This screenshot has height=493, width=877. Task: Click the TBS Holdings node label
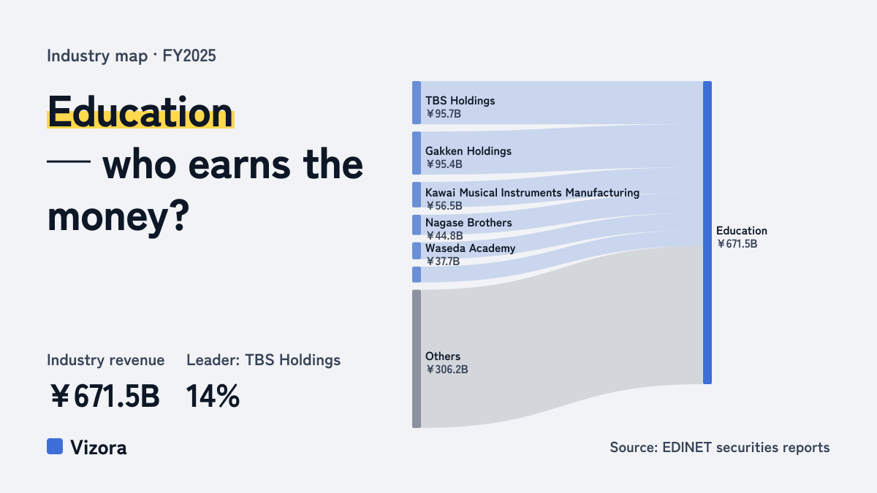click(x=460, y=101)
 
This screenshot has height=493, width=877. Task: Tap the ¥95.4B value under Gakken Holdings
click(x=444, y=164)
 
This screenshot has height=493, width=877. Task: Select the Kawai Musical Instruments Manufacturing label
click(x=533, y=193)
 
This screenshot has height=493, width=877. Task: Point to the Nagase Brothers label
click(x=468, y=223)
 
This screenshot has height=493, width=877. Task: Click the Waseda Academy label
click(x=470, y=248)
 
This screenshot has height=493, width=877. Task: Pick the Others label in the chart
click(x=443, y=356)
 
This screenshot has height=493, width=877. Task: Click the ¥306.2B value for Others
click(x=447, y=370)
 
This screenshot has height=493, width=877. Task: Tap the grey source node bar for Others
click(x=417, y=359)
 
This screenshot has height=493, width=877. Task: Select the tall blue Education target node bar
click(x=707, y=232)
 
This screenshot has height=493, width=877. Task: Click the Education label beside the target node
click(x=742, y=231)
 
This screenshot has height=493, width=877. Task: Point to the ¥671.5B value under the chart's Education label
click(x=737, y=244)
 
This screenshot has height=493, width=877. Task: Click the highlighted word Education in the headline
click(x=140, y=112)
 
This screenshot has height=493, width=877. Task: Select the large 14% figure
click(x=213, y=396)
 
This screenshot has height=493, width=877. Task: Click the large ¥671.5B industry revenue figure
click(x=105, y=396)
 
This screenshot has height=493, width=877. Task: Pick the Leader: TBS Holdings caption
click(x=264, y=360)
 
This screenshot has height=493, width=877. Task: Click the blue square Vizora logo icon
click(x=55, y=446)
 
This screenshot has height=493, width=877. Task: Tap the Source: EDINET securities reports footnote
click(x=720, y=447)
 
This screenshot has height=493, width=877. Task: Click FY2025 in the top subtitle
click(x=189, y=56)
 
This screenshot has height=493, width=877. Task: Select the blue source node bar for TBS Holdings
click(x=417, y=103)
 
